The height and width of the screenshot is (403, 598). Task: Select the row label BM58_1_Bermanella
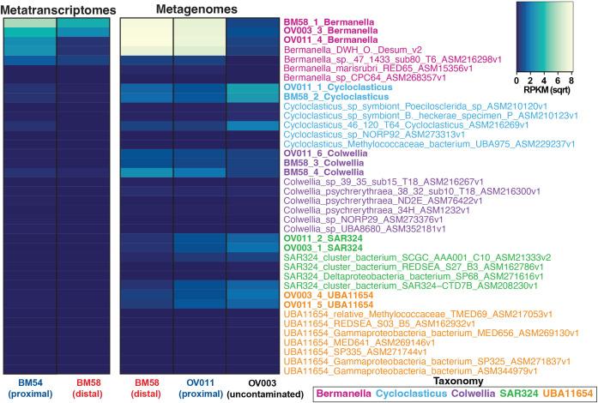point(331,21)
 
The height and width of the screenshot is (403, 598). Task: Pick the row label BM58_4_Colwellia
point(329,172)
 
